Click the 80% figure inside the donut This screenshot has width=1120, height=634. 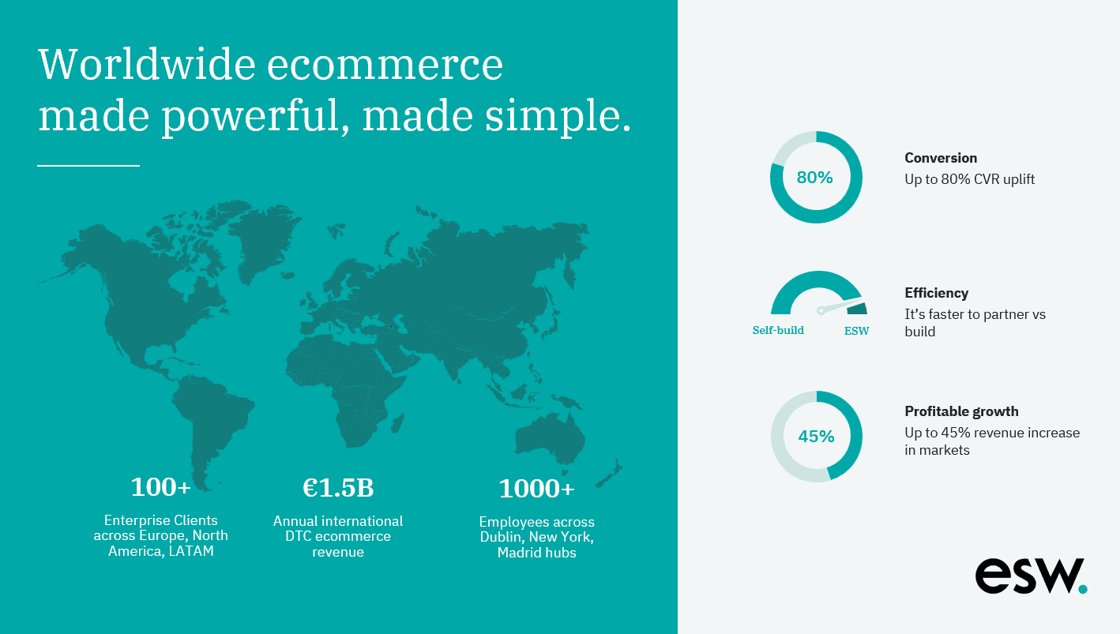coord(814,178)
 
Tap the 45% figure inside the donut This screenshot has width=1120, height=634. coord(816,437)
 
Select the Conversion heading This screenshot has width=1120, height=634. coord(941,158)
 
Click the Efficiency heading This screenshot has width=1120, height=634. coord(936,293)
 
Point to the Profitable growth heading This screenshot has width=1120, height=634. coord(961,411)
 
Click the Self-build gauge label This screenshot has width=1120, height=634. coord(778,331)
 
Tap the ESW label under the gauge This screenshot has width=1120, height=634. coord(856,331)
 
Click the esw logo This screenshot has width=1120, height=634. coord(1031,576)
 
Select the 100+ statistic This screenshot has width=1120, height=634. coord(160,487)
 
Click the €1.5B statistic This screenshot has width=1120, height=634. coord(338,487)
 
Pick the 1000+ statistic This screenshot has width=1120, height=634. coord(536,489)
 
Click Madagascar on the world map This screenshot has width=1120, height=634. coord(397,423)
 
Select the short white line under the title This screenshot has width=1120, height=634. coord(88,165)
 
